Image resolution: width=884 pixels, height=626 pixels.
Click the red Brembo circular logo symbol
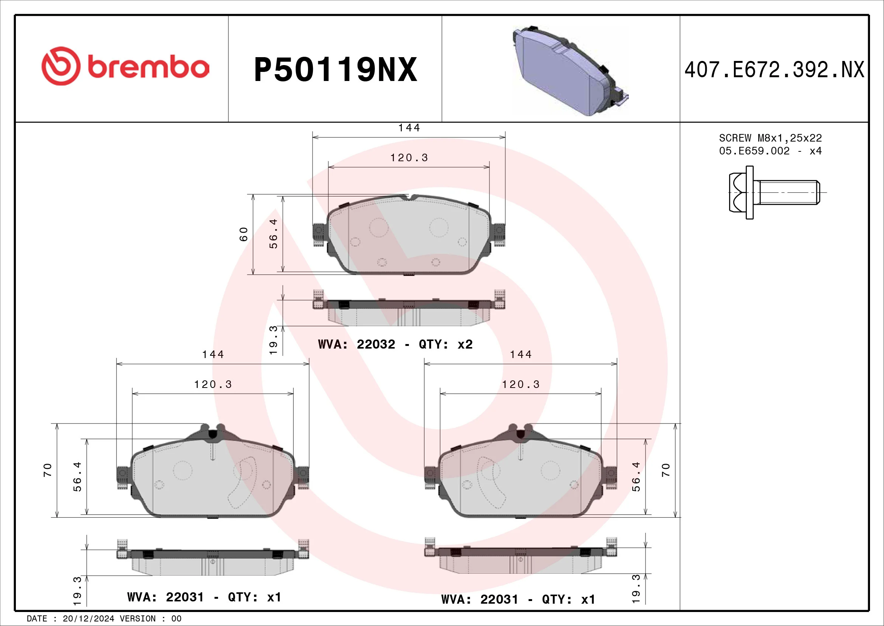(61, 66)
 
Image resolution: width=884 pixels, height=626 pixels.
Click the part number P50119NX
(335, 70)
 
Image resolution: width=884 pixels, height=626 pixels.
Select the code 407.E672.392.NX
(774, 70)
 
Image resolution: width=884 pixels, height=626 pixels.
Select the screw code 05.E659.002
(754, 151)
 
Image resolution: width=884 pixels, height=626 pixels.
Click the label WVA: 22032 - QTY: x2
(395, 344)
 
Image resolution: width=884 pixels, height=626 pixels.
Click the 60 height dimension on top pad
(243, 234)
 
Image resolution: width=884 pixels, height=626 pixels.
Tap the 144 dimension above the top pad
(409, 128)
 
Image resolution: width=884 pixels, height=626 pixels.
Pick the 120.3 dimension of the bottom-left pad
(213, 384)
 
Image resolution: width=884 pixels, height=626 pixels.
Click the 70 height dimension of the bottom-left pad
(47, 470)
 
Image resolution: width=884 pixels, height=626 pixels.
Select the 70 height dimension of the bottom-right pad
(666, 470)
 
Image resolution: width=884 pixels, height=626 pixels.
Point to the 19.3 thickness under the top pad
(273, 340)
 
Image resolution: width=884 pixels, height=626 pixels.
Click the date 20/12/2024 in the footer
(88, 619)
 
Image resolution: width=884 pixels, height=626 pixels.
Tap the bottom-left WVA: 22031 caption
(204, 597)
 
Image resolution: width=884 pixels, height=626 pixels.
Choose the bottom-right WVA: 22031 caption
(518, 600)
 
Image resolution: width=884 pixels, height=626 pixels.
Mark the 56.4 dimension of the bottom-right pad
(636, 477)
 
